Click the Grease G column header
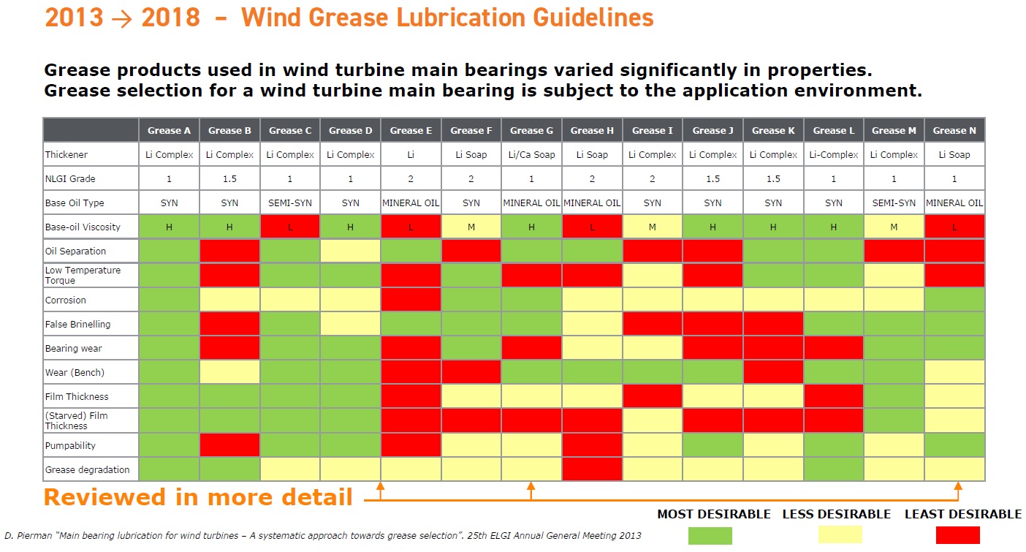click(x=531, y=131)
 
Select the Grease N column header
click(x=954, y=131)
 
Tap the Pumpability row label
click(x=70, y=445)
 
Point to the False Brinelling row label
click(x=77, y=325)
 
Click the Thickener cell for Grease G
click(x=531, y=155)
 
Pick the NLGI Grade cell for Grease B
click(x=229, y=178)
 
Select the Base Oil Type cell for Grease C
click(x=290, y=203)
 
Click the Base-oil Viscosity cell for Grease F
click(x=471, y=227)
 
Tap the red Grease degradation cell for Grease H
click(x=592, y=469)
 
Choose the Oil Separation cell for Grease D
click(x=350, y=251)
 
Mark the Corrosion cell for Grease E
click(x=411, y=300)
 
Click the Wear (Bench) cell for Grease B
click(x=229, y=372)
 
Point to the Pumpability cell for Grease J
click(x=712, y=445)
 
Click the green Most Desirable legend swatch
click(x=710, y=535)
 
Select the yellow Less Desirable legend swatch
click(x=840, y=534)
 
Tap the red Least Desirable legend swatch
click(x=958, y=535)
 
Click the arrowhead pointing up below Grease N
click(x=958, y=485)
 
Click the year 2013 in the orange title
click(x=75, y=18)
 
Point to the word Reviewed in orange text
click(x=105, y=497)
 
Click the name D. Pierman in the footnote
click(x=28, y=535)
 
